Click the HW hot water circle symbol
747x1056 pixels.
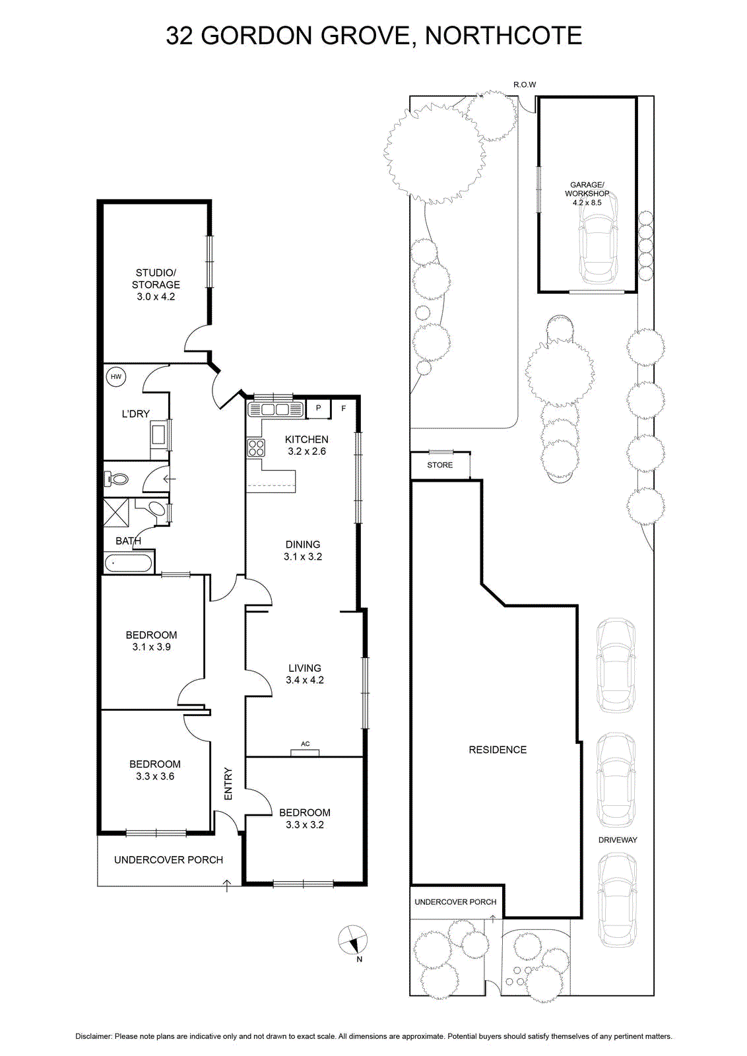115,377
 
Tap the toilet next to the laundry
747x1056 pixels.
117,479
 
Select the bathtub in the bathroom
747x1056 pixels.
129,563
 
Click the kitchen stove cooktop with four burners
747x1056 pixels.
256,447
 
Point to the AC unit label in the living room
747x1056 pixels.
306,744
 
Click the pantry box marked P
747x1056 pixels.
319,409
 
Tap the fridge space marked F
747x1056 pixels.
344,409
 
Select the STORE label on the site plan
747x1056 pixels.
439,465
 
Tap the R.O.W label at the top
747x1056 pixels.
525,85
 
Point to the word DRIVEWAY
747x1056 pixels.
618,840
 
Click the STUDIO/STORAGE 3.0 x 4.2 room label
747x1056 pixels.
156,284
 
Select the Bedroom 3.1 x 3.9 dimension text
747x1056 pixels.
151,647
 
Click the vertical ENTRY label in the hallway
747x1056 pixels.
228,784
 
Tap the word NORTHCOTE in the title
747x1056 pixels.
503,36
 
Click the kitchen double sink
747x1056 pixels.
275,409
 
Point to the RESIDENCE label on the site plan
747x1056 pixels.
498,750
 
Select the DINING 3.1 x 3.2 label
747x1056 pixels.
303,550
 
